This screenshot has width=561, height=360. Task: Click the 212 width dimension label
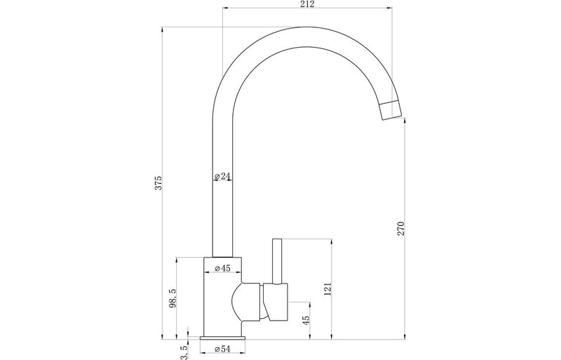pyautogui.click(x=307, y=4)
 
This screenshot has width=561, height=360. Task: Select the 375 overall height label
pyautogui.click(x=158, y=182)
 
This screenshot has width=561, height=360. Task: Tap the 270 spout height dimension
pyautogui.click(x=400, y=229)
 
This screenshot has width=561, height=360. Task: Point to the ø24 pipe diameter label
pyautogui.click(x=222, y=176)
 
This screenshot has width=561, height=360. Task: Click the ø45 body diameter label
pyautogui.click(x=222, y=268)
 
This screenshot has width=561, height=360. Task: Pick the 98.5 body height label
pyautogui.click(x=173, y=298)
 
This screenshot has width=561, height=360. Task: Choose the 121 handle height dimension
pyautogui.click(x=328, y=289)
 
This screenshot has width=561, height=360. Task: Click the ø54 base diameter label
pyautogui.click(x=222, y=349)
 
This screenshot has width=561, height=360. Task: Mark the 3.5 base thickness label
pyautogui.click(x=184, y=352)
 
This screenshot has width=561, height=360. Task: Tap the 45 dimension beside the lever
pyautogui.click(x=306, y=320)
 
